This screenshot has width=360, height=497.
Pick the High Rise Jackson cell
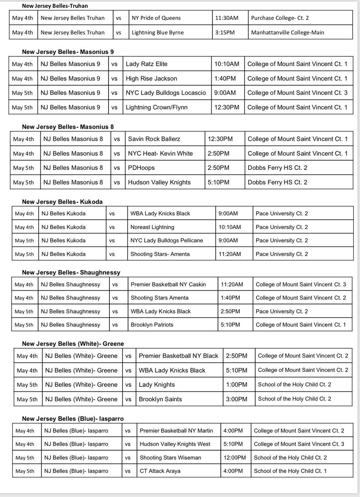point(151,79)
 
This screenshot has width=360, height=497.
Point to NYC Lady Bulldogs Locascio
point(166,93)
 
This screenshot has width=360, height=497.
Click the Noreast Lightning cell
point(152,227)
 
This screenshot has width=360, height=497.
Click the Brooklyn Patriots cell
point(152,324)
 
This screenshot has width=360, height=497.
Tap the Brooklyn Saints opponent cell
point(160,399)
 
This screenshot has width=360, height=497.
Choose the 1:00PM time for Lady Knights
point(237,385)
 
